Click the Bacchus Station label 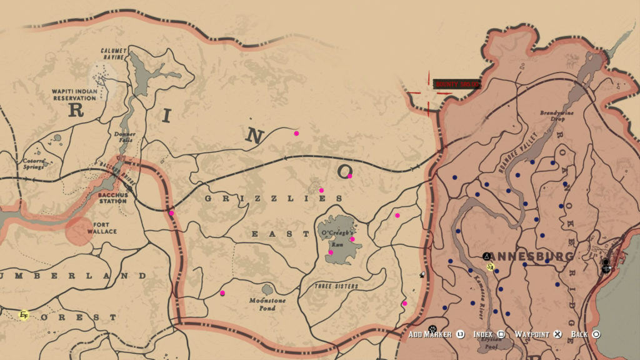(113, 198)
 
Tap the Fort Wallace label (106, 227)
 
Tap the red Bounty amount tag (457, 84)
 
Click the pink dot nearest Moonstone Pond (222, 292)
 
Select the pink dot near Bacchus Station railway (171, 213)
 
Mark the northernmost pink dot (296, 133)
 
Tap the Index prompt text (484, 334)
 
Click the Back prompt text (579, 334)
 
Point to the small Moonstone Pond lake (267, 290)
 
